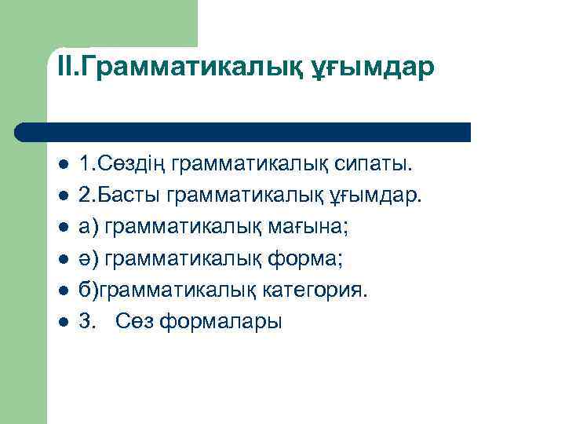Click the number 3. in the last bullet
point(87,322)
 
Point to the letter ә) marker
point(88,259)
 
